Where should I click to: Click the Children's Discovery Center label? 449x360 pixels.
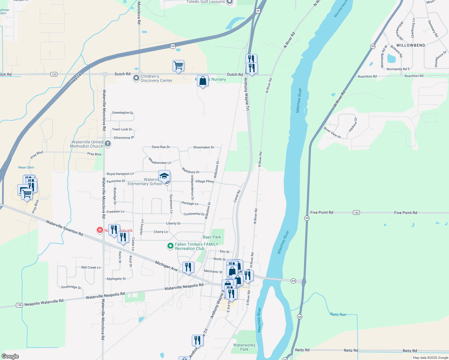(156, 79)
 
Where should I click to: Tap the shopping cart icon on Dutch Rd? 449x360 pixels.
(178, 65)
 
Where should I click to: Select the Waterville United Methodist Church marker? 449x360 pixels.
(108, 144)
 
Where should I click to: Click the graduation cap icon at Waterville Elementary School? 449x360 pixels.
(164, 176)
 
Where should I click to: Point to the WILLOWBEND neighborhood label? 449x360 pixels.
(411, 45)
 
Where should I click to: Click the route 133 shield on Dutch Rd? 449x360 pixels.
(54, 74)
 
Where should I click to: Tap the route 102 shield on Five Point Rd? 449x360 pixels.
(356, 213)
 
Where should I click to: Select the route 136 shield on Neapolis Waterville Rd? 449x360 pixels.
(20, 305)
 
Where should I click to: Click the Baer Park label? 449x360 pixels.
(212, 237)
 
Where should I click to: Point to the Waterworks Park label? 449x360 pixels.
(244, 347)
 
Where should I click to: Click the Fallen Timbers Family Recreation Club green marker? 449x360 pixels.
(170, 246)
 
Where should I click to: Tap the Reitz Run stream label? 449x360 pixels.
(338, 314)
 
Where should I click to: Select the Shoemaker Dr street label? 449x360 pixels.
(203, 147)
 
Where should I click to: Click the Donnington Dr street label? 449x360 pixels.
(122, 113)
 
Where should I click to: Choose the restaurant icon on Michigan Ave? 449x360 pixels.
(188, 267)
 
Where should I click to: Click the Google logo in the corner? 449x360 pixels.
(10, 356)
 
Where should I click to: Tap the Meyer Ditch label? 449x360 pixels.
(26, 167)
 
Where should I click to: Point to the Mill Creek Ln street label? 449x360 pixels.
(91, 267)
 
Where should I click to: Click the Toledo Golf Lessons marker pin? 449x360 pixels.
(230, 2)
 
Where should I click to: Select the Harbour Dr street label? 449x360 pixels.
(353, 125)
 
